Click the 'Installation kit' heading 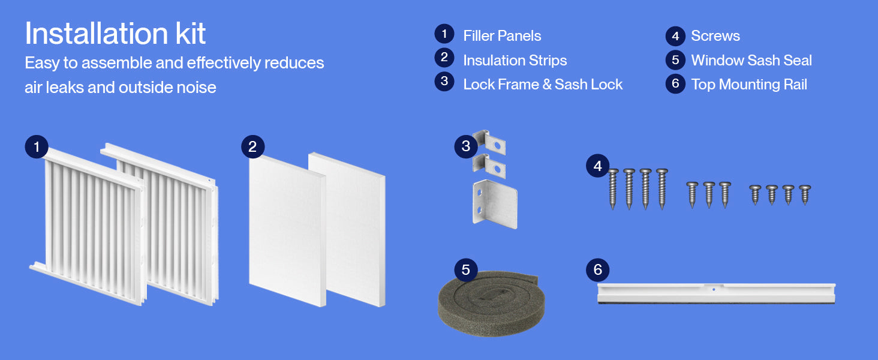(x=115, y=34)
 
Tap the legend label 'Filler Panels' (x=502, y=35)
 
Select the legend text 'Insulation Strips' (x=515, y=61)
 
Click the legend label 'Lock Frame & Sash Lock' (x=543, y=85)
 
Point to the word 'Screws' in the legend (x=715, y=35)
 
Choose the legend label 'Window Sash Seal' (x=751, y=61)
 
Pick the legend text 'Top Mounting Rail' (x=749, y=85)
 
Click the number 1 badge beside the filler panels (x=37, y=146)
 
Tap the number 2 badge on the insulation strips (x=253, y=146)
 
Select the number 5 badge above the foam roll (x=465, y=269)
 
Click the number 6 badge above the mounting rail (x=598, y=269)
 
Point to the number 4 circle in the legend (x=675, y=36)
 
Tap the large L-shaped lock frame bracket (x=495, y=204)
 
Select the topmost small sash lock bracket (x=490, y=142)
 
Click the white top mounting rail (x=716, y=293)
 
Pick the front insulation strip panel (x=287, y=230)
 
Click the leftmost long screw (x=613, y=189)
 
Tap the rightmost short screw (x=805, y=195)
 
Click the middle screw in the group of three (x=709, y=195)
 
